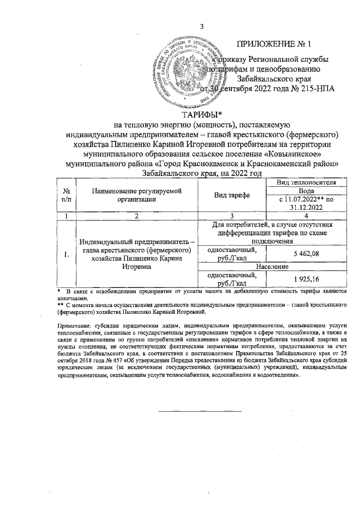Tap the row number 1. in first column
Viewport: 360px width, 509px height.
click(67, 255)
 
